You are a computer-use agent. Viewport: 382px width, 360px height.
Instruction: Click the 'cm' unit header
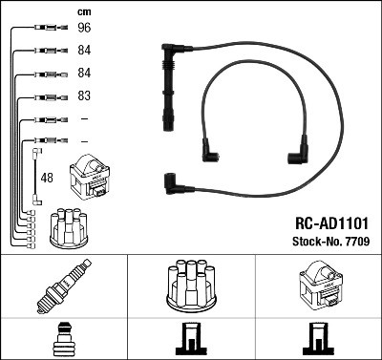click(84, 12)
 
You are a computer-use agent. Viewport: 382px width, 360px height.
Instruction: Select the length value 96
click(84, 29)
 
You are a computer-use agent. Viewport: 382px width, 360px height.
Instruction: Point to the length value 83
click(84, 96)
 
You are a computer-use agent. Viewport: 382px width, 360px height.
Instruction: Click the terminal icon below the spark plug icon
click(63, 340)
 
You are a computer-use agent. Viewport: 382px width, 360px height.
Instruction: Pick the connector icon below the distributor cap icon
click(191, 340)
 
